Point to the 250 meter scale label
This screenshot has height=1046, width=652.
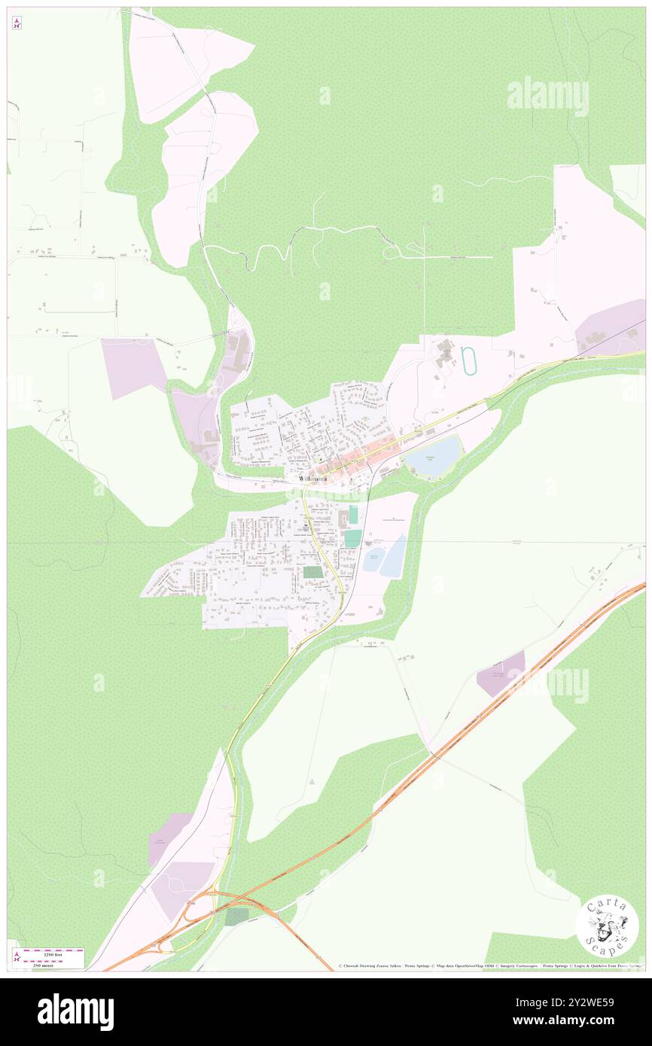click(53, 965)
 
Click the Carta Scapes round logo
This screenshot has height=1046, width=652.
click(607, 926)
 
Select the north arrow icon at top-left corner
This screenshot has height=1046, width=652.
click(17, 23)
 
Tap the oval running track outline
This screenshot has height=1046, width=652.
click(471, 360)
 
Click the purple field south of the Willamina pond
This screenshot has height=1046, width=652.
click(501, 674)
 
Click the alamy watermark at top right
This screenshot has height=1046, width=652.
click(547, 96)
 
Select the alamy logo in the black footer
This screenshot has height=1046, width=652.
click(75, 1011)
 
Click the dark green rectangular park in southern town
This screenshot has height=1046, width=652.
click(313, 572)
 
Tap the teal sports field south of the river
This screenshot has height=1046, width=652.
click(352, 538)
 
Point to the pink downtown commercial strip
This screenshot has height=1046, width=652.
click(354, 461)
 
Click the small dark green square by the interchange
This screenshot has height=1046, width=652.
click(236, 917)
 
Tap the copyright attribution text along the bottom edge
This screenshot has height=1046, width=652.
click(489, 966)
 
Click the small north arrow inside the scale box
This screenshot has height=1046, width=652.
click(16, 958)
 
